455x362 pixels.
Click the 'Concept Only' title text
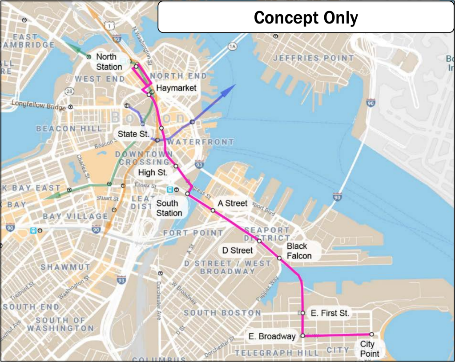click(x=306, y=18)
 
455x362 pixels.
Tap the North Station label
click(x=109, y=62)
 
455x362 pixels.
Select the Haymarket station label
click(x=176, y=88)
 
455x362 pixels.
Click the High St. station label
click(x=153, y=172)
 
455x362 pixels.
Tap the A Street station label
click(x=232, y=203)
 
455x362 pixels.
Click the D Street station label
click(x=238, y=251)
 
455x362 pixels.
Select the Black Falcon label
click(x=299, y=251)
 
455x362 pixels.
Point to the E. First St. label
click(x=330, y=313)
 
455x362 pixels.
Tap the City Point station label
click(x=370, y=349)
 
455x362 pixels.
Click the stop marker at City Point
click(x=371, y=334)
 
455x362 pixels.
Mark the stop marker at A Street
click(x=213, y=211)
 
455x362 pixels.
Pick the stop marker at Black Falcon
click(x=279, y=258)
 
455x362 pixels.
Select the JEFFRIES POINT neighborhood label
click(x=314, y=58)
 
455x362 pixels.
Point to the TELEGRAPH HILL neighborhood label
click(x=277, y=353)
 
